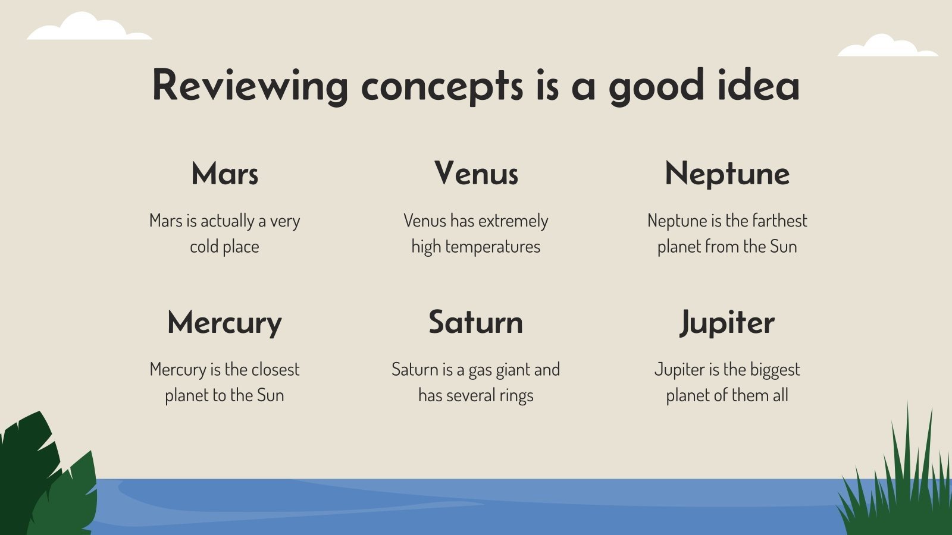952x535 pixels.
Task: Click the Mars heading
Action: [x=225, y=173]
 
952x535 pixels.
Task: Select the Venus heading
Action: [x=476, y=173]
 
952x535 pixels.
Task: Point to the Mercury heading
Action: [x=225, y=323]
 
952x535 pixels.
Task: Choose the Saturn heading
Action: [x=475, y=322]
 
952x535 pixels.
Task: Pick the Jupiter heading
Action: [x=727, y=323]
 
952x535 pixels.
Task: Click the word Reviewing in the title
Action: [x=250, y=87]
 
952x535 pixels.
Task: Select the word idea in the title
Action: [x=759, y=84]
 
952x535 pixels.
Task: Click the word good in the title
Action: [x=656, y=87]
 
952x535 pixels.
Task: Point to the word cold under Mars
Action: [x=203, y=246]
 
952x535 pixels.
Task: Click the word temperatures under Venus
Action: [x=493, y=247]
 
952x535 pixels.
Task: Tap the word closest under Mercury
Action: [x=275, y=369]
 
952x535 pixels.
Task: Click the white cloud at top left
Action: [x=89, y=27]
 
